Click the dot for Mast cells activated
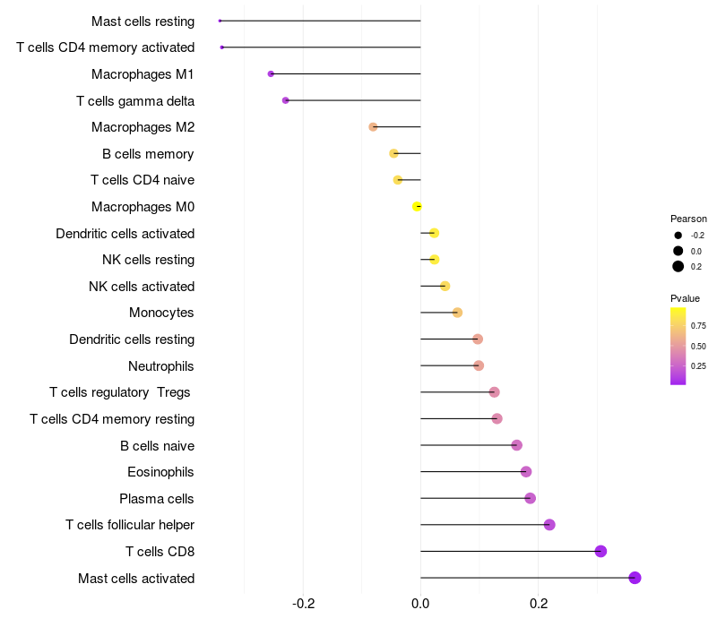[x=635, y=578]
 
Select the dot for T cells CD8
[x=600, y=551]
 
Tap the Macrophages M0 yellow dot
[x=417, y=207]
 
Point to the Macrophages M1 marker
[x=271, y=74]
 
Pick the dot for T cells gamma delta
[x=286, y=100]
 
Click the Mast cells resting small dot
[x=220, y=21]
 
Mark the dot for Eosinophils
[x=526, y=472]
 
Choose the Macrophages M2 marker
[x=373, y=127]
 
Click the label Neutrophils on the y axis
[x=161, y=366]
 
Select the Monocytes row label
[x=161, y=313]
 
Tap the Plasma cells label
[x=156, y=499]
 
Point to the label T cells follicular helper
[x=130, y=525]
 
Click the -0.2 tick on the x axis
[x=303, y=604]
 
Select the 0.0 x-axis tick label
[x=420, y=604]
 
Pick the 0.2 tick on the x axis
[x=539, y=604]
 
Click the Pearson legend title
[x=688, y=219]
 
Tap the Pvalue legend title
[x=685, y=298]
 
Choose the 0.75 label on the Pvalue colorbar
[x=698, y=326]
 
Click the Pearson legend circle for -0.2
[x=678, y=236]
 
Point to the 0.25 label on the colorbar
[x=698, y=366]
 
